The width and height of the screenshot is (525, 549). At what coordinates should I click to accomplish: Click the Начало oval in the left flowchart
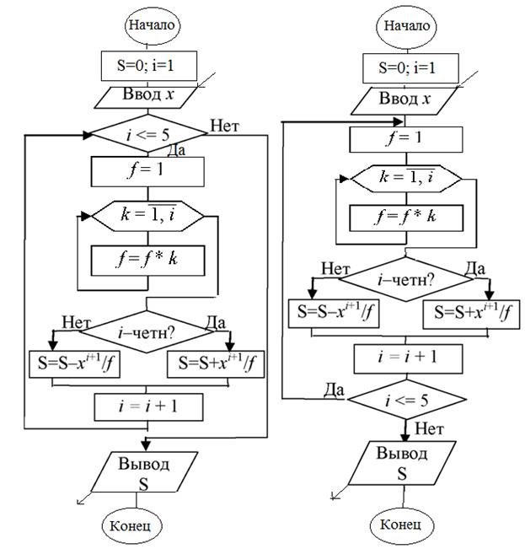[x=152, y=24]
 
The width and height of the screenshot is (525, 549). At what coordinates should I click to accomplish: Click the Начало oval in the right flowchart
[x=406, y=25]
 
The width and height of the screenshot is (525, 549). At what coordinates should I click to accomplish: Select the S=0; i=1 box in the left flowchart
[x=147, y=66]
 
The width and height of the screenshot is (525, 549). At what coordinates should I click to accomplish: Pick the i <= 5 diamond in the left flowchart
[x=147, y=133]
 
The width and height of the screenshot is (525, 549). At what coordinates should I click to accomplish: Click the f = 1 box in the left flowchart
[x=147, y=171]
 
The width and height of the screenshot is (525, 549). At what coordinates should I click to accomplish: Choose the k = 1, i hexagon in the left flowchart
[x=147, y=216]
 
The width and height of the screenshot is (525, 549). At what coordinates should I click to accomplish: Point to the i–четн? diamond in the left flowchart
[x=147, y=331]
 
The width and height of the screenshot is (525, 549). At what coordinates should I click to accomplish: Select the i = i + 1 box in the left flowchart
[x=147, y=406]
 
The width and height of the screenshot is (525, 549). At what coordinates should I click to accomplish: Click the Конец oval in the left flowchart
[x=130, y=525]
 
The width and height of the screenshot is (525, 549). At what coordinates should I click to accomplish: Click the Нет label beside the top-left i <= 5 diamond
[x=226, y=127]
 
